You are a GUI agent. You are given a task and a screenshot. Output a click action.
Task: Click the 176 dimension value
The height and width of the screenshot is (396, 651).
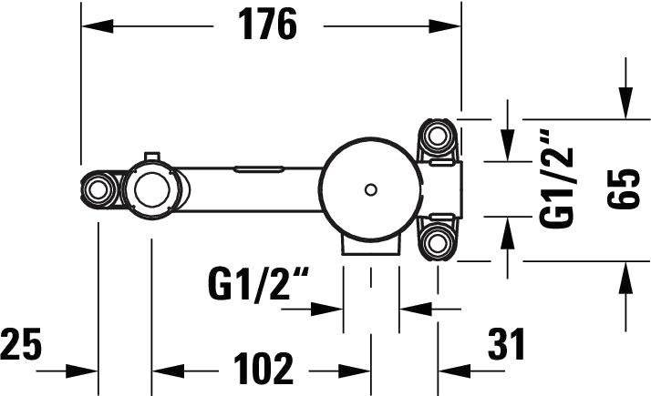coord(268,25)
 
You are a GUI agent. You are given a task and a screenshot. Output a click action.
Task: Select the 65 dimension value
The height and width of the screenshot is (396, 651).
coord(622,188)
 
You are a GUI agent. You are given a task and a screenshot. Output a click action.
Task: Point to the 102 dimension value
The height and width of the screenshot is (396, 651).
coord(263,368)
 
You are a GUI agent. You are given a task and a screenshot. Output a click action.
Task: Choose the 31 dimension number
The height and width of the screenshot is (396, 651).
coord(506,343)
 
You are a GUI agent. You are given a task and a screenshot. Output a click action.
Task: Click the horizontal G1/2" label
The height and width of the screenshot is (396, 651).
coord(259,284)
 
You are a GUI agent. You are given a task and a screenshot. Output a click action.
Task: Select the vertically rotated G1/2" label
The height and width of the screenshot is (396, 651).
coord(557,178)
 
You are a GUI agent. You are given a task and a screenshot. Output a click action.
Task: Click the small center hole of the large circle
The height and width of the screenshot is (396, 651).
coord(371,190)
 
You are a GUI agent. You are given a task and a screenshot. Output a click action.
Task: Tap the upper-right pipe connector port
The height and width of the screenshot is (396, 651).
coord(437,136)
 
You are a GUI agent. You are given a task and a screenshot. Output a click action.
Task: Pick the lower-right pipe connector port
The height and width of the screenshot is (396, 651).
coord(437,243)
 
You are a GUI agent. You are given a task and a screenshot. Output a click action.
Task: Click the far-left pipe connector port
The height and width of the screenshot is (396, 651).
coord(98,191)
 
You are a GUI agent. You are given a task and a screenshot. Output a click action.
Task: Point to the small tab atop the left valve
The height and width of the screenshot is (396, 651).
coord(152,157)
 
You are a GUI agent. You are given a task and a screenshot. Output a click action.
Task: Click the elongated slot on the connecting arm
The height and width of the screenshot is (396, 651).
coord(259,168)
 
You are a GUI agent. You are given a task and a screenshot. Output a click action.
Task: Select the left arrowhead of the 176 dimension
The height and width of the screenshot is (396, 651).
coord(98,26)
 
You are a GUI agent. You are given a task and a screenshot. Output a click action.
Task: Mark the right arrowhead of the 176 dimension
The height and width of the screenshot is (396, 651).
coord(445,26)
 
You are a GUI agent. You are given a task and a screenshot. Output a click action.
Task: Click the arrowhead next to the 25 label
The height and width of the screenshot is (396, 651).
coord(82,371)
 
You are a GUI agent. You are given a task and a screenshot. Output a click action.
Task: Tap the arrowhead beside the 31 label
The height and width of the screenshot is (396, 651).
coord(454,371)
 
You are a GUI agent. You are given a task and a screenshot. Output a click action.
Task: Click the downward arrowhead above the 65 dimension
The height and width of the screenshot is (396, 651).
coord(625,103)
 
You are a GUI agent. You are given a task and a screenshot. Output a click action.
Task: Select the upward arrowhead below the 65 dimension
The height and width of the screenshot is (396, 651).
coord(625,278)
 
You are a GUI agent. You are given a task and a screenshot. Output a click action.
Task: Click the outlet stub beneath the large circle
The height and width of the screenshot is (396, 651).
coord(371,246)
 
